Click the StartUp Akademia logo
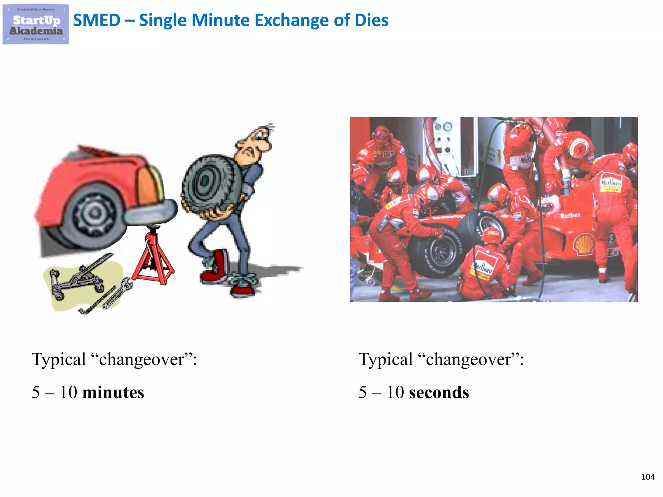coord(36,24)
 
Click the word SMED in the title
coord(96,20)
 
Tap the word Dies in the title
coord(371,20)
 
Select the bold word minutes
coord(113,392)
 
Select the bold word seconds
coord(439,392)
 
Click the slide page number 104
coord(647,477)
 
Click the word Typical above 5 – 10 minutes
coord(59,359)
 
